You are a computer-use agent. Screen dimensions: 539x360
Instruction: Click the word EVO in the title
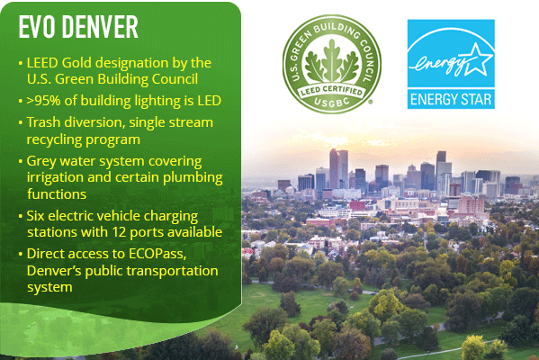(36, 27)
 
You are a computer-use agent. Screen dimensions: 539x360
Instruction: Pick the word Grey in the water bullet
(39, 161)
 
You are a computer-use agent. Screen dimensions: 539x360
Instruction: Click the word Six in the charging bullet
(35, 216)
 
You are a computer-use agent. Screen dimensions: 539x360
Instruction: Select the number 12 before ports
(119, 232)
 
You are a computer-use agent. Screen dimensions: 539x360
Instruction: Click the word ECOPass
(157, 254)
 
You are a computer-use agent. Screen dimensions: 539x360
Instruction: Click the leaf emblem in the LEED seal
(332, 61)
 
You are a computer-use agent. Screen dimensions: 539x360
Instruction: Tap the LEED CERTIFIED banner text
(332, 92)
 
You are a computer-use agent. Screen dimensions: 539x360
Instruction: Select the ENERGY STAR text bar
(451, 99)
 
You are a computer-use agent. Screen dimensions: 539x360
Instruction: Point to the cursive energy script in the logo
(441, 65)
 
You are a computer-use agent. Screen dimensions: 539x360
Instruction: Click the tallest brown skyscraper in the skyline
(334, 168)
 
